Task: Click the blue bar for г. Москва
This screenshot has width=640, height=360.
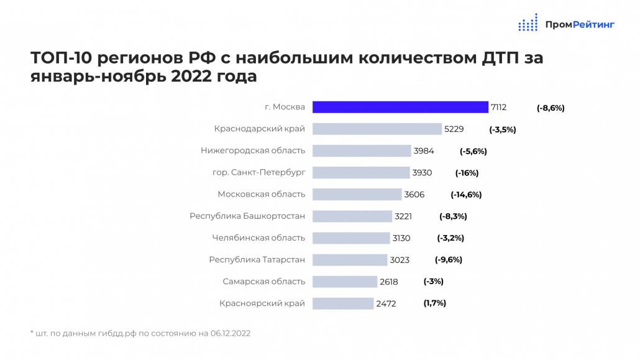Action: click(400, 107)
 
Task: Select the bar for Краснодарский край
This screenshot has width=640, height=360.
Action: click(377, 129)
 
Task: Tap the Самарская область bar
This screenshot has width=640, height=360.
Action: click(344, 282)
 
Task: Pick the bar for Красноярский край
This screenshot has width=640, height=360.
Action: click(342, 303)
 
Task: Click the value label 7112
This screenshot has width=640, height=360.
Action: click(498, 108)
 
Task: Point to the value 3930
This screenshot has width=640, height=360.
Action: click(422, 173)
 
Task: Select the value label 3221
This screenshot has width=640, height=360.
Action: click(403, 216)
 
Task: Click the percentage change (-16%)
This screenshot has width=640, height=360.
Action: click(467, 173)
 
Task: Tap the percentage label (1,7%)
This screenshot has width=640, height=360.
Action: click(435, 303)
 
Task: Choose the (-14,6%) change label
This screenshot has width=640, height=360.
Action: click(466, 195)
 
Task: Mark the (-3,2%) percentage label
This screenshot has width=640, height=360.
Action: click(450, 238)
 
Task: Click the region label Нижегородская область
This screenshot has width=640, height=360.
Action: click(253, 150)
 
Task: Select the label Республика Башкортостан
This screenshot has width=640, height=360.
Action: click(247, 216)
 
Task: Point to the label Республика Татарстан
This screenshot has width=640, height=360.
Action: click(257, 260)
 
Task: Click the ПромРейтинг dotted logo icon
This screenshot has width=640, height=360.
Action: click(528, 22)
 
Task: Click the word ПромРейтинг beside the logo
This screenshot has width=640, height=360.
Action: click(579, 25)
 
